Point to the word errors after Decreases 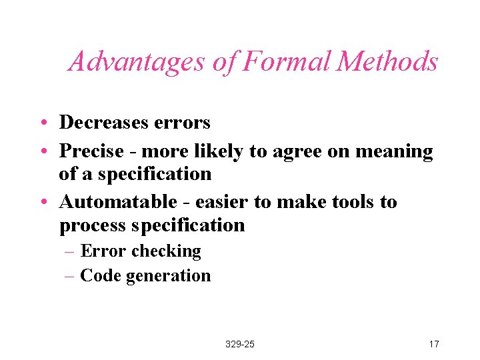182,123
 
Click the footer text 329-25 240,344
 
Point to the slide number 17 434,344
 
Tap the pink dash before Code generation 70,276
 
